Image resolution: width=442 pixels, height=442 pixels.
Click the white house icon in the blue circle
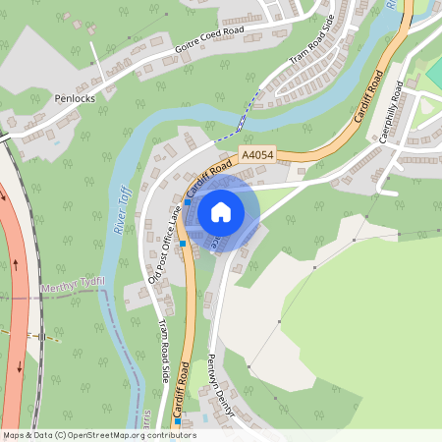221,210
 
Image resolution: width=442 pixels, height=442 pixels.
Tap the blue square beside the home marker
183,243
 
